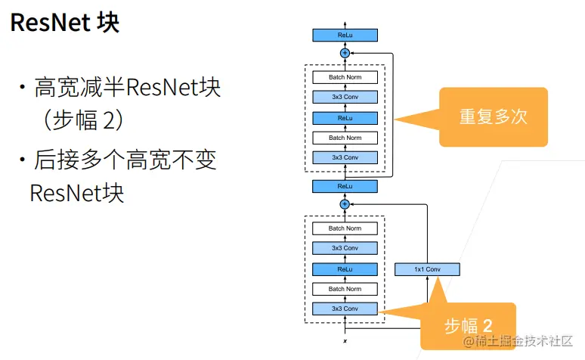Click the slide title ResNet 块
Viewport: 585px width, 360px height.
pos(65,23)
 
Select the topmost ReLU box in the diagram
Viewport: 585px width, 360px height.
pos(345,35)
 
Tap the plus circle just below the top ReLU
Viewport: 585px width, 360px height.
pos(345,53)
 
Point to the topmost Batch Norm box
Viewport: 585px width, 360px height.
pos(345,77)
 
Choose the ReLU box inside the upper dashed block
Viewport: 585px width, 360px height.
pos(345,118)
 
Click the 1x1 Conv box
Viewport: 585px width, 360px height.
pos(427,269)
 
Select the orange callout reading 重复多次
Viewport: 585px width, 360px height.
pos(493,116)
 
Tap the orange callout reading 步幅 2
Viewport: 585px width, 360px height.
pos(468,326)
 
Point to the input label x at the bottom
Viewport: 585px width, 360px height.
pos(345,342)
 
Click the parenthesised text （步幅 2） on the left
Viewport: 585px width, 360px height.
pos(83,121)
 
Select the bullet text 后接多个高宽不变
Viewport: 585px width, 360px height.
pos(125,160)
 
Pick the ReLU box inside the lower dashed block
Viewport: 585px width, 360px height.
pos(345,268)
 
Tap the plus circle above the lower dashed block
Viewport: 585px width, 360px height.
pos(345,204)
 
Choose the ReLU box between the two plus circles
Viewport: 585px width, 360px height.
pos(345,185)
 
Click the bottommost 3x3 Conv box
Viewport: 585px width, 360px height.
pos(345,309)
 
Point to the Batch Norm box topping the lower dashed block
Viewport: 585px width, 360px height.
pos(345,228)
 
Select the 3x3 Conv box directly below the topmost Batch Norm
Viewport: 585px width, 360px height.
pos(345,98)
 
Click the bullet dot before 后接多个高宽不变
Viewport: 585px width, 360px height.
pos(23,160)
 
